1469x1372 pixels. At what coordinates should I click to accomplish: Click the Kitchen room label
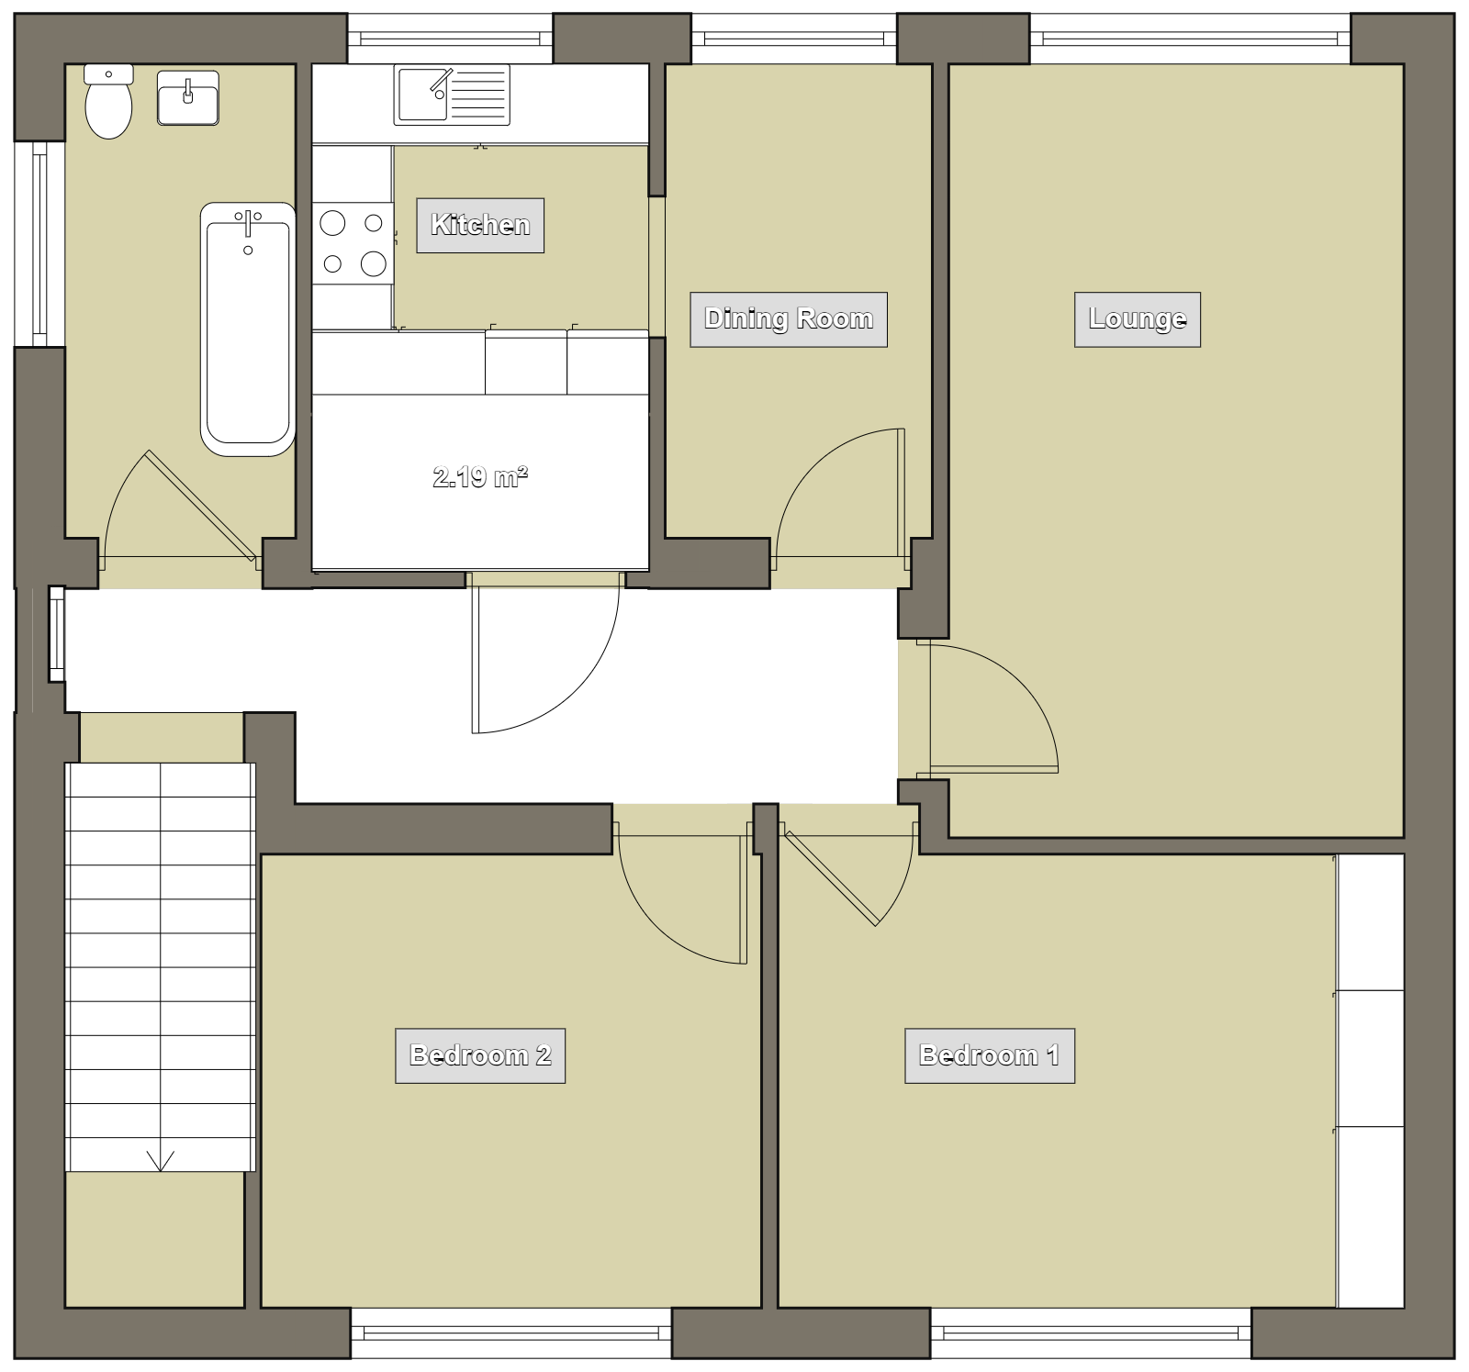coord(480,225)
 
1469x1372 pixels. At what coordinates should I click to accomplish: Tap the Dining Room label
coord(789,319)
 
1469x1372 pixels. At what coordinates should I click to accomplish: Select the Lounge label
coord(1138,319)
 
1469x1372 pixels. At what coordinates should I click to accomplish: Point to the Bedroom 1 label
coord(990,1056)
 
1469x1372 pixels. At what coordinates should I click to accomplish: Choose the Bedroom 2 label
coord(480,1056)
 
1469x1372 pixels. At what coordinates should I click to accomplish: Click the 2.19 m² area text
coord(480,477)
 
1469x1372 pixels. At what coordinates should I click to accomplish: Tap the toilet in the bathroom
coord(108,101)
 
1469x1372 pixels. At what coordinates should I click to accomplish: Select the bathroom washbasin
coord(188,97)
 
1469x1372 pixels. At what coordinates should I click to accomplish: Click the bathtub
coord(248,329)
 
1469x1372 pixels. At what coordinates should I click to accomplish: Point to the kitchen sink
coord(452,95)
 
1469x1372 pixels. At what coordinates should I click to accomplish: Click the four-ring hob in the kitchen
coord(353,243)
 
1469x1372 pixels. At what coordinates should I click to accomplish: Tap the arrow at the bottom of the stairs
coord(161,1162)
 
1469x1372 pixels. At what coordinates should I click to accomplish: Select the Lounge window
coord(1190,39)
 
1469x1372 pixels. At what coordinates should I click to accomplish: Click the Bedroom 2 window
coord(511,1333)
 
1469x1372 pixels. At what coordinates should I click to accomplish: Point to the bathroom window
coord(39,244)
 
